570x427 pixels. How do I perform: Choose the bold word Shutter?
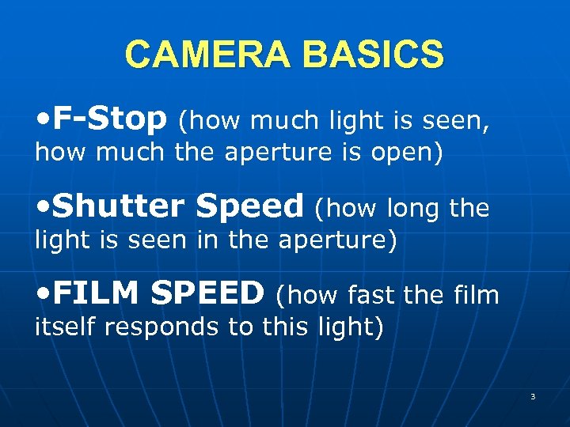click(x=119, y=207)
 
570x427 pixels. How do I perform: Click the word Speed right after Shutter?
click(x=249, y=207)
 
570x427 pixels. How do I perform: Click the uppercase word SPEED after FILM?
click(x=207, y=295)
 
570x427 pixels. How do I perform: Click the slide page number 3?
click(x=533, y=396)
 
